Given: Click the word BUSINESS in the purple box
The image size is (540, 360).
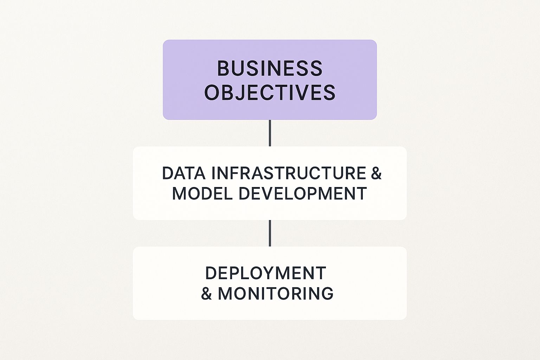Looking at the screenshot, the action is pos(270,68).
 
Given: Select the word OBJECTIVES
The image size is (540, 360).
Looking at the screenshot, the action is pos(270,92).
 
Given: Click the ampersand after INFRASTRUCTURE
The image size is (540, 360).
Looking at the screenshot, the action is pos(376,173).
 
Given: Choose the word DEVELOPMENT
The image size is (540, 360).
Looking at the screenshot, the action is pos(303,193).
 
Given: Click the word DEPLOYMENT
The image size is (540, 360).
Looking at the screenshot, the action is pos(266,273).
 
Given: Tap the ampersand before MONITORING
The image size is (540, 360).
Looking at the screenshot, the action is pos(206,294).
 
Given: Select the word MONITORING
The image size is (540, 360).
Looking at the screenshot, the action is pos(276,294).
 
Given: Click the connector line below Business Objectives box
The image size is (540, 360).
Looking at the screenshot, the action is pos(270,133).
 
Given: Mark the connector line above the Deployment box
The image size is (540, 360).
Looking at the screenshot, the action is pos(270,233).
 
